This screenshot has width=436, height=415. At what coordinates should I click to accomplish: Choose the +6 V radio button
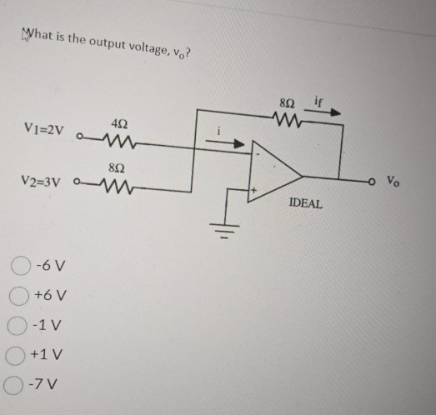click(20, 297)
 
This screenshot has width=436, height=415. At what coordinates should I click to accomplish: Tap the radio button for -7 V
click(20, 385)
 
